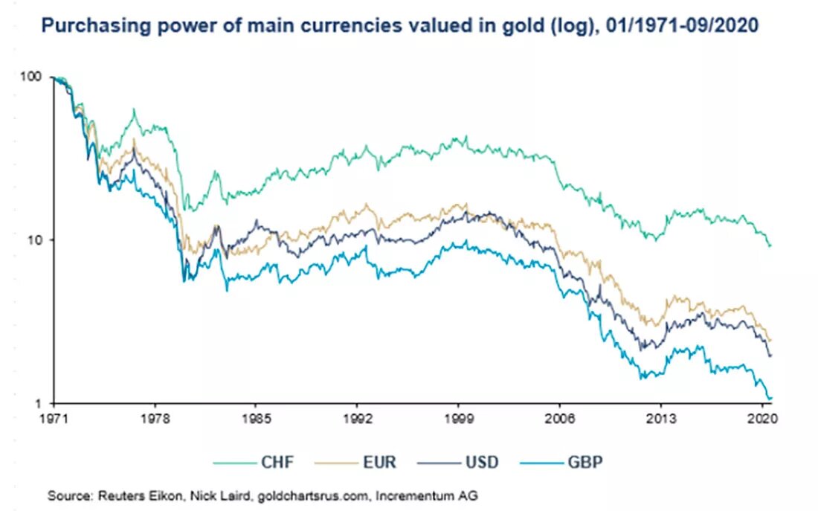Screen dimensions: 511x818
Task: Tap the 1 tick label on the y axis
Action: click(x=39, y=403)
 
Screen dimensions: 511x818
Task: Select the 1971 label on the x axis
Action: click(x=54, y=419)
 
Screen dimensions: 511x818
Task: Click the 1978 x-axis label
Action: click(x=155, y=419)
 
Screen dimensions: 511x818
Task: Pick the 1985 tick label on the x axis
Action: click(x=256, y=419)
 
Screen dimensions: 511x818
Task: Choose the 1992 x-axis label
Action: click(x=357, y=419)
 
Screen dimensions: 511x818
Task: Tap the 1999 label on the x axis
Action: click(x=459, y=419)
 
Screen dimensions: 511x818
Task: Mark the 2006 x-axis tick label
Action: click(x=560, y=419)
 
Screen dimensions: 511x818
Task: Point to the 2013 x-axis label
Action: click(x=661, y=419)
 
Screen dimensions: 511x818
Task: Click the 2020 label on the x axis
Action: click(x=761, y=419)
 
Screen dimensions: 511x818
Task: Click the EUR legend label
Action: click(x=379, y=462)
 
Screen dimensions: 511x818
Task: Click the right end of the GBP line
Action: click(x=770, y=399)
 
